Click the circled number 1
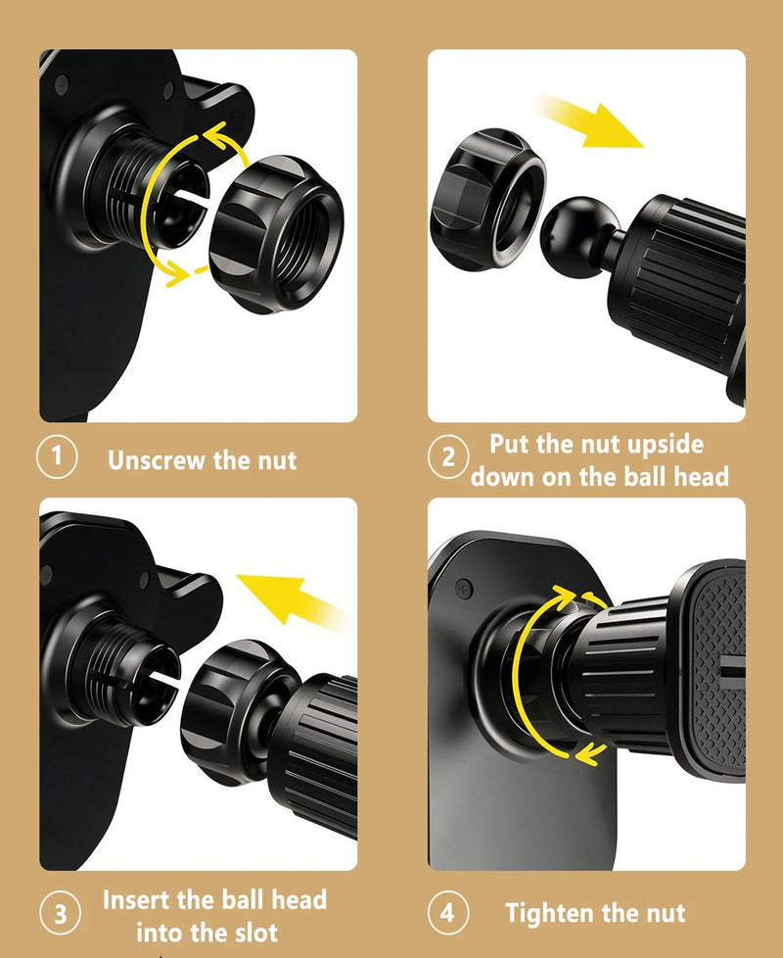(57, 456)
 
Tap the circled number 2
(448, 456)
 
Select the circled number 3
(60, 913)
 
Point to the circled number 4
(448, 913)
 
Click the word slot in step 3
(253, 933)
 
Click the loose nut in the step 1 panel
(276, 234)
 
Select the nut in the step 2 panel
(488, 199)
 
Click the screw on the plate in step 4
(464, 588)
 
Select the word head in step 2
(701, 477)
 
